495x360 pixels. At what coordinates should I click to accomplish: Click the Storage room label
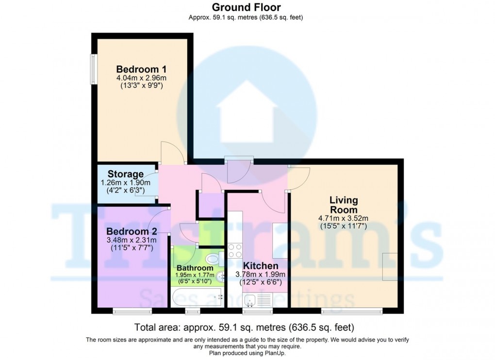coord(125,174)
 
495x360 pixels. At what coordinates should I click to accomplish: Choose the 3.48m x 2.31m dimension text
coord(125,240)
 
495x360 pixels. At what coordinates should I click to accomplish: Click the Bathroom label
coord(195,268)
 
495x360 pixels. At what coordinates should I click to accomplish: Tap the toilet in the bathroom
coord(213,258)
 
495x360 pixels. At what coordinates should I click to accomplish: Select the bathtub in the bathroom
coord(197,295)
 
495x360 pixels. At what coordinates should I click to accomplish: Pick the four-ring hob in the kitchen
coord(235,250)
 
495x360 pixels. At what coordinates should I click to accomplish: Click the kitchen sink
coord(251,301)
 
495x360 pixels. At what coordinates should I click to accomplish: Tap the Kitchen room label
coord(261,266)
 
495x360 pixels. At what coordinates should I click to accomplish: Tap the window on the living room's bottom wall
coord(350,311)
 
